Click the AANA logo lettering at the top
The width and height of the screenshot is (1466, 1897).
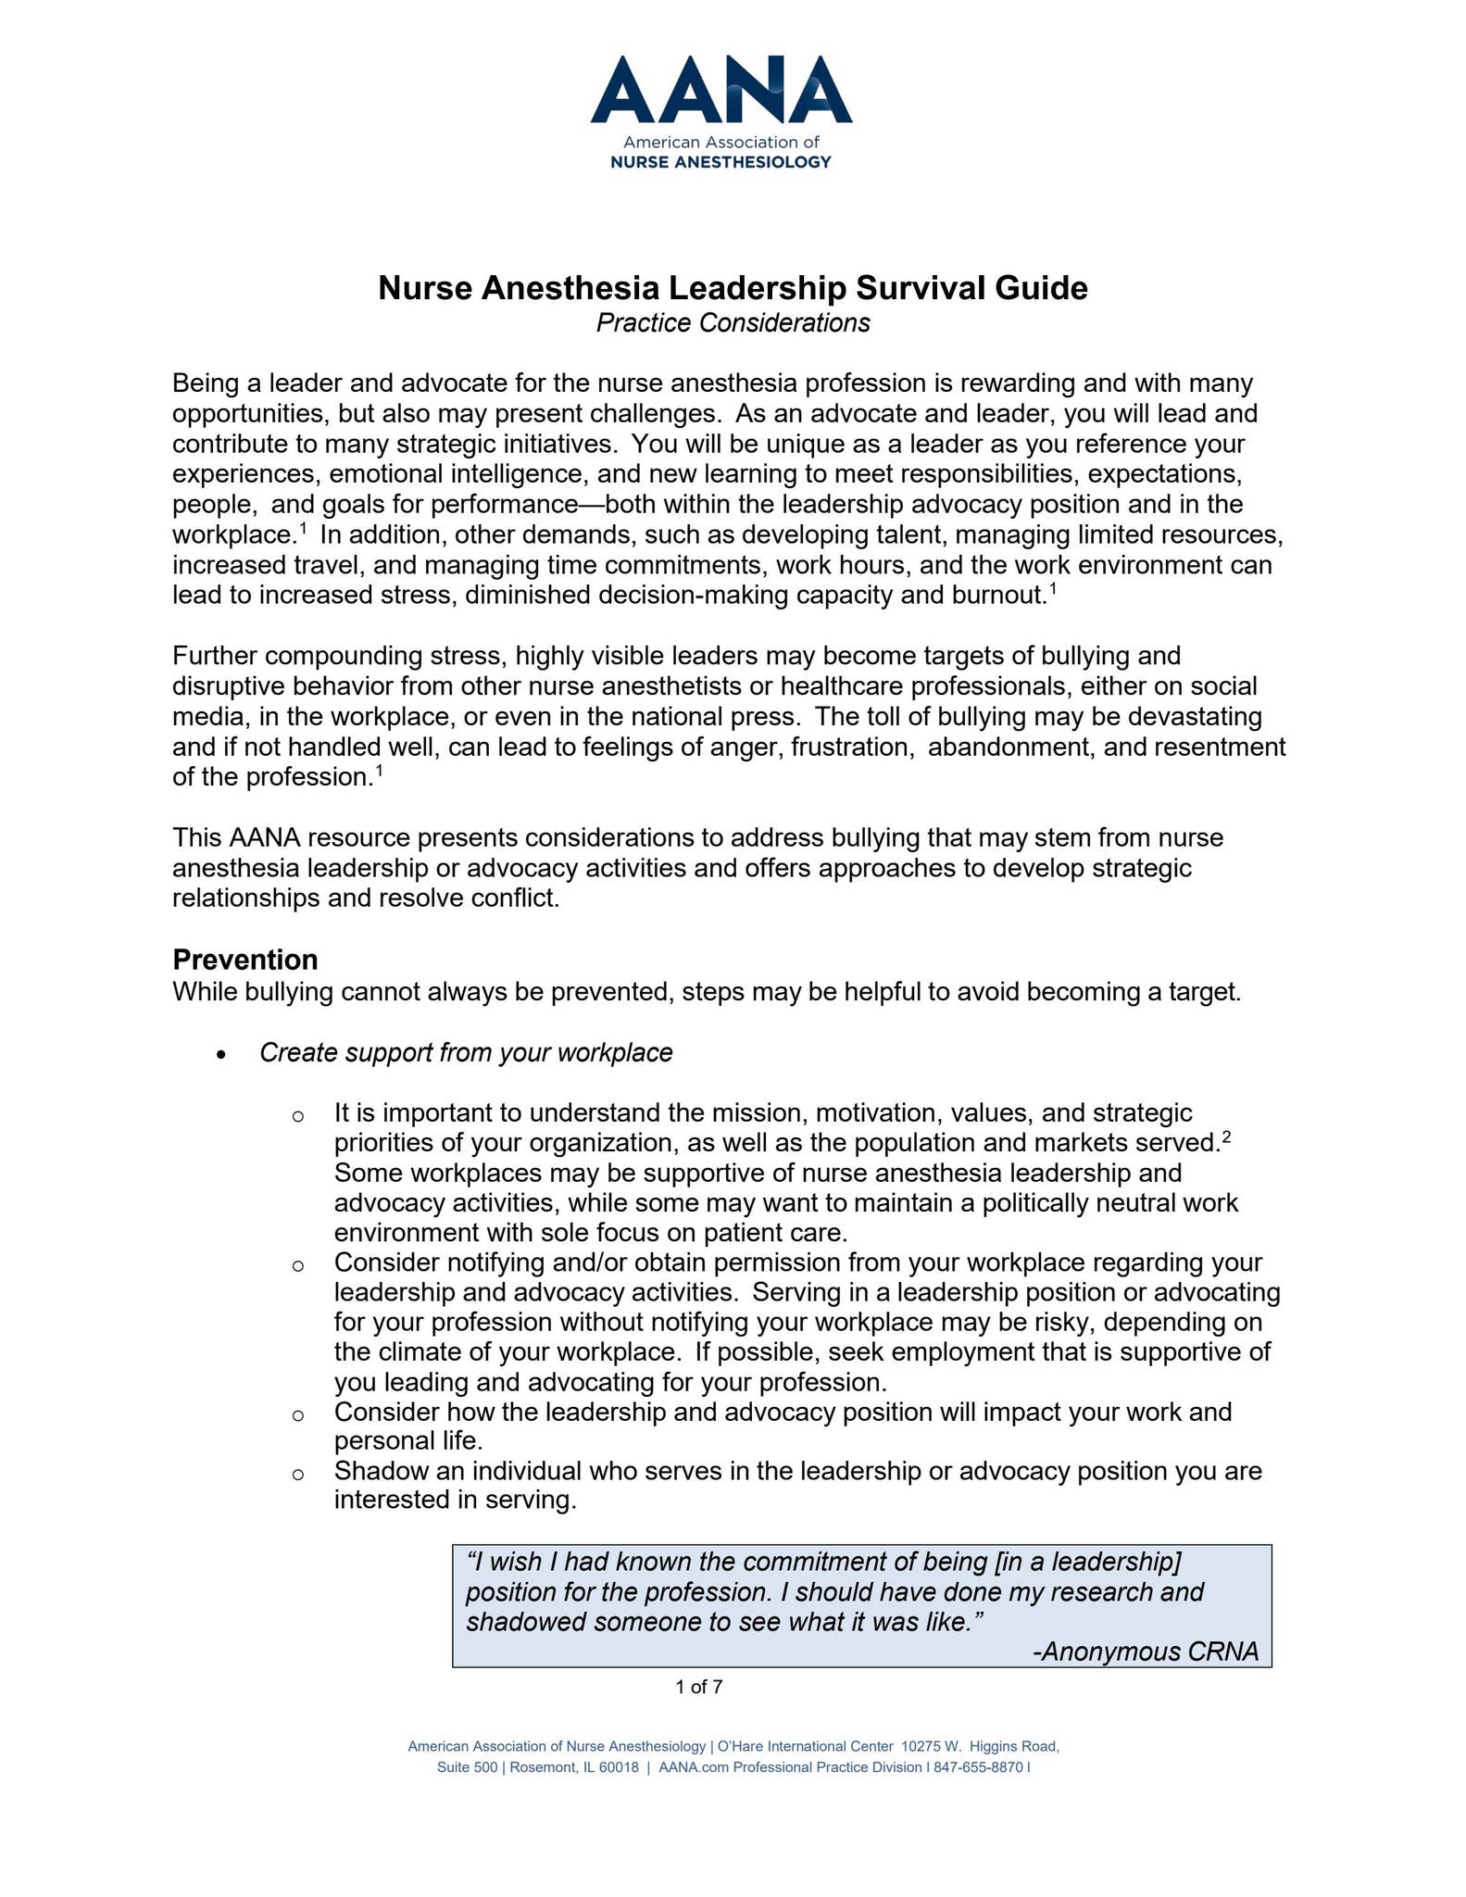[x=720, y=90]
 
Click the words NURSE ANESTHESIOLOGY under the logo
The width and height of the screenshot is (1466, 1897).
[x=720, y=162]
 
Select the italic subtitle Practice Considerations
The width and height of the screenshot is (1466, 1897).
[x=733, y=323]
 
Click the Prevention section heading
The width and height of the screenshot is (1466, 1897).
[x=245, y=959]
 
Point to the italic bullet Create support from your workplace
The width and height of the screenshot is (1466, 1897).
[x=466, y=1053]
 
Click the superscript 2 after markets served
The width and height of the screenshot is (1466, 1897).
[x=1226, y=1137]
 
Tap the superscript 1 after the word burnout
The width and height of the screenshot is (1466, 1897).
[x=1052, y=588]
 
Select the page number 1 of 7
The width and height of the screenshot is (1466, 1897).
[x=699, y=1687]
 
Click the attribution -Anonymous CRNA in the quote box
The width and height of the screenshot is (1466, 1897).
[x=1146, y=1652]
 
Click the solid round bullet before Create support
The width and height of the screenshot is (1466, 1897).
[x=220, y=1055]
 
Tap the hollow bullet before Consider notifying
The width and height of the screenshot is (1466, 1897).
[x=298, y=1265]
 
